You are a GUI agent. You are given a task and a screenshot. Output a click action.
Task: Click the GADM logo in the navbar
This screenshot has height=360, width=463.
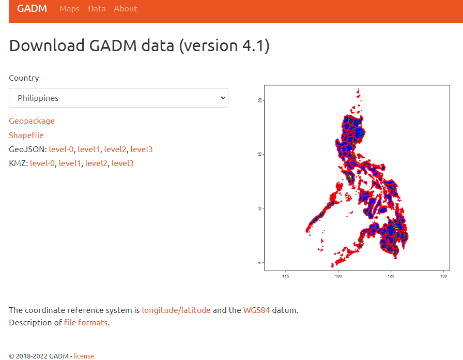point(32,9)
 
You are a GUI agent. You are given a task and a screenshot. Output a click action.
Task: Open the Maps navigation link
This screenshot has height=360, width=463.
point(69,9)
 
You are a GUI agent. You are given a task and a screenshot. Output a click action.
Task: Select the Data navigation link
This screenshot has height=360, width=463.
point(97,9)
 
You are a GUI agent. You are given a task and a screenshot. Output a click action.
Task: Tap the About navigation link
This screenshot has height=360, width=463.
point(126,9)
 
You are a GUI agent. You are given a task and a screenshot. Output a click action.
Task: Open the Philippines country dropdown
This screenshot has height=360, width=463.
point(118,98)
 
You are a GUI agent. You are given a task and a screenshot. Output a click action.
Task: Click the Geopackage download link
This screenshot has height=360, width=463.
point(32,121)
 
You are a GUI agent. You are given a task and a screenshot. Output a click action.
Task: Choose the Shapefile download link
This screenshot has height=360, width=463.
point(26,136)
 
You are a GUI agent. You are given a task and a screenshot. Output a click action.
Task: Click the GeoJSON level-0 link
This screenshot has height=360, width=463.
point(61,149)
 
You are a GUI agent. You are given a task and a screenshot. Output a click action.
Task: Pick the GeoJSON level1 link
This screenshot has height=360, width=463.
point(89,149)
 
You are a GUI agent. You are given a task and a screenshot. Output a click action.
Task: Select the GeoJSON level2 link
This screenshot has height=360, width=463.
point(115,149)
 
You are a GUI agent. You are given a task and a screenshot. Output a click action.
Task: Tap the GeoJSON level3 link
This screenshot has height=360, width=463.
point(142,149)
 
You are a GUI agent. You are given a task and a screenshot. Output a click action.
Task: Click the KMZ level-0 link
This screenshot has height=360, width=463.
point(42,163)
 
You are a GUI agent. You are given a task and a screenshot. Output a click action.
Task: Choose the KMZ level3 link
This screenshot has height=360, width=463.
point(122,163)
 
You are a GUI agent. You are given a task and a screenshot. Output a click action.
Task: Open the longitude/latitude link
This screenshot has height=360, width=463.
point(176,310)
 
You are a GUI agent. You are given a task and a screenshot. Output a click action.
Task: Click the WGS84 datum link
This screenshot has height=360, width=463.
point(256,310)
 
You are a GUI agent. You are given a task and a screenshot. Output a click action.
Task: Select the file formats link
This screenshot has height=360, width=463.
point(86,323)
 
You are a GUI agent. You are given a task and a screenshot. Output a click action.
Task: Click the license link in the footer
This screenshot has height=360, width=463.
point(84,356)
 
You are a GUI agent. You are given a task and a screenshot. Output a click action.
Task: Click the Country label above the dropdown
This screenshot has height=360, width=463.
point(24,78)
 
